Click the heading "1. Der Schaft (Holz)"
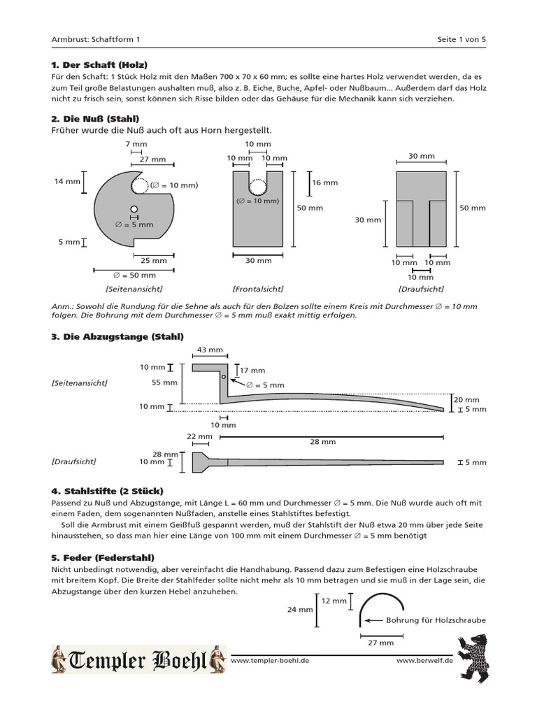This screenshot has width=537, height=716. point(99,64)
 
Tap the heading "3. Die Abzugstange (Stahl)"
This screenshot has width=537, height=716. point(117,337)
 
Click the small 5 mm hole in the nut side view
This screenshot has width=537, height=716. point(134,209)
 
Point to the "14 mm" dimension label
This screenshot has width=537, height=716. point(68,182)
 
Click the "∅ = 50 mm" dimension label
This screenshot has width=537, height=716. point(134,275)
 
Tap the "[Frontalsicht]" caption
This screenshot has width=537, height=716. point(257,289)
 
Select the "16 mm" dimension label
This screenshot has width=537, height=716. point(326,182)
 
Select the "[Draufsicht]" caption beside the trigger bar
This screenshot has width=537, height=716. point(73,462)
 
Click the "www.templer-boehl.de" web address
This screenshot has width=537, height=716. point(269,660)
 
